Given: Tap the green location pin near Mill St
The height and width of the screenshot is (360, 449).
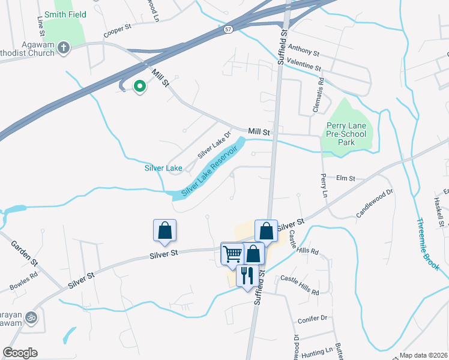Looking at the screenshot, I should click(x=140, y=86).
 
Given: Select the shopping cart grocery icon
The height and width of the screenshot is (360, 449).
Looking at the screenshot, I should click(x=232, y=253).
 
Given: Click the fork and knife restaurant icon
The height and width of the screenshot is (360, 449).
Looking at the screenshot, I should click(x=247, y=275).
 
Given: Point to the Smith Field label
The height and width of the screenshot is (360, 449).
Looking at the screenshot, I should click(x=65, y=14).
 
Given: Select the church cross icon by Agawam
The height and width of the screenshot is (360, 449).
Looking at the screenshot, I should click(x=64, y=47).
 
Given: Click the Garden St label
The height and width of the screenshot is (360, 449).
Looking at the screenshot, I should click(x=24, y=254).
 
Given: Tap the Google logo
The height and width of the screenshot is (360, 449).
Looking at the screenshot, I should click(x=20, y=353).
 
